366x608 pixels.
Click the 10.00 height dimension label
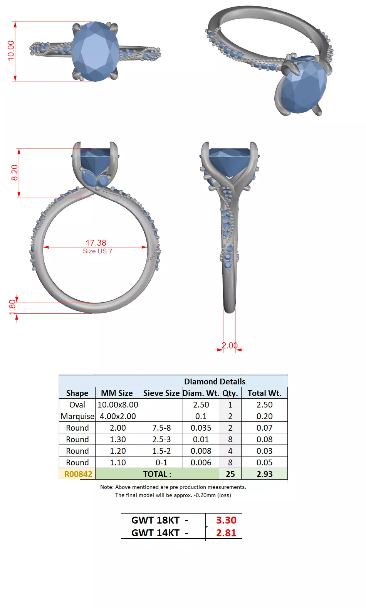pos(11,50)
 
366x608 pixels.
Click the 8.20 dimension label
pos(15,172)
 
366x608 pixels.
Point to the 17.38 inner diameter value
pos(96,243)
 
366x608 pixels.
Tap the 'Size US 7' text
pos(97,251)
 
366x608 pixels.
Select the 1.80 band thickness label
pos(12,307)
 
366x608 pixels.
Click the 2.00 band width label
pos(230,345)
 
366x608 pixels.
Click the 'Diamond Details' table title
pos(215,381)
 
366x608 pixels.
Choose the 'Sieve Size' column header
pos(161,393)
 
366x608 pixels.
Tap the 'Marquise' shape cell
pos(77,416)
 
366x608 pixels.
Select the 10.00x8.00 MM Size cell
pos(118,405)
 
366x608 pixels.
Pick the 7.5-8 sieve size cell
pos(161,428)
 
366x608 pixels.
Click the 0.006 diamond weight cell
pos(201,463)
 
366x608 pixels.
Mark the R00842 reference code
pos(78,474)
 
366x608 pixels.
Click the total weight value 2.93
pos(264,474)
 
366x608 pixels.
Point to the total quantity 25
pos(230,474)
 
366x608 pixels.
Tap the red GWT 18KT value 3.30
pos(226,520)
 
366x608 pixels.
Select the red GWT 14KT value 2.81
pos(226,533)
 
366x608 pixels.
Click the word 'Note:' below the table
pos(107,487)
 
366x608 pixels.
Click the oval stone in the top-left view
pos(95,51)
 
